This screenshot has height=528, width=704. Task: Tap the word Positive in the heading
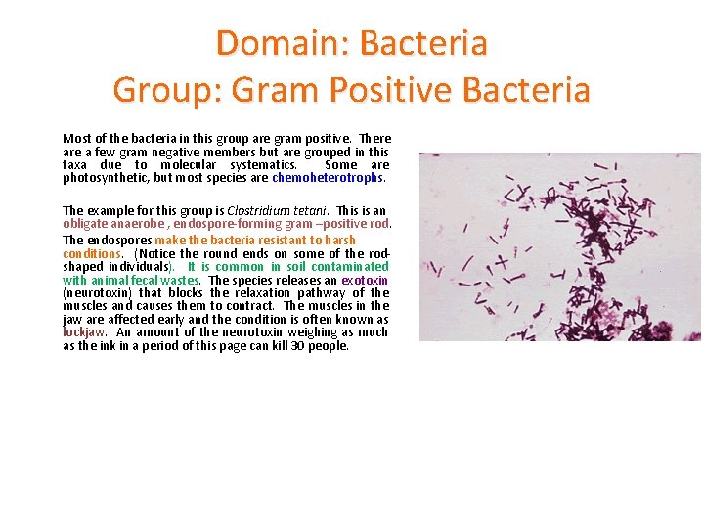381,90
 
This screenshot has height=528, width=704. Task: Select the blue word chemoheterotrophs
329,178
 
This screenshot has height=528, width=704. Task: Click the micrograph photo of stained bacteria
559,246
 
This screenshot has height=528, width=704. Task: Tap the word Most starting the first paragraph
76,139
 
